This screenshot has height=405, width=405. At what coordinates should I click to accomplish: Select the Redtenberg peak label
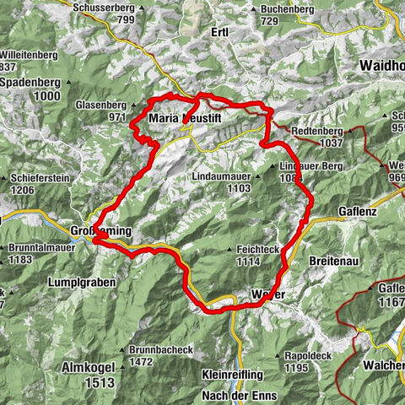[316, 132]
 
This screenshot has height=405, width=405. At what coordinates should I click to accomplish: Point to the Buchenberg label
[276, 8]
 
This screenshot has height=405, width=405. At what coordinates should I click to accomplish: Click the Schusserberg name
[105, 7]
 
